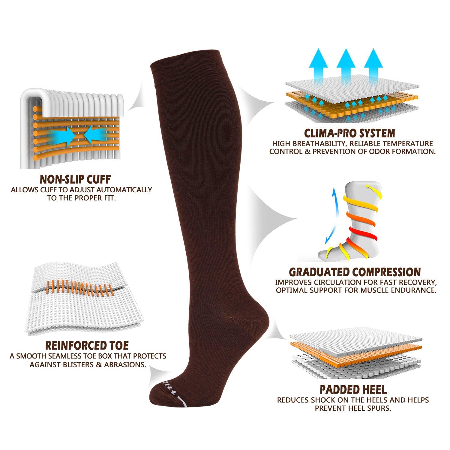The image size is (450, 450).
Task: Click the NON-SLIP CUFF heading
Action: tap(75, 179)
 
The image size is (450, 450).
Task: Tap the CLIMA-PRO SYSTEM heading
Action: tap(349, 133)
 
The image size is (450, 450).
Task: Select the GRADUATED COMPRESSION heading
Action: tap(355, 272)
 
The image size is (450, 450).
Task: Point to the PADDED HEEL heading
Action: tap(353, 389)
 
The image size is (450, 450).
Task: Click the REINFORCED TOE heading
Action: tap(87, 345)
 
